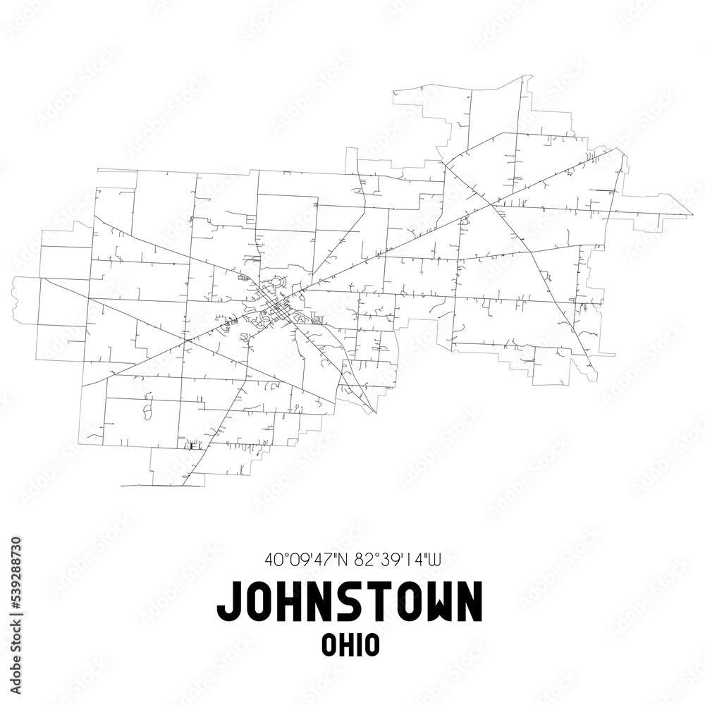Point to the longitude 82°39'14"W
click(398, 560)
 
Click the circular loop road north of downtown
click(276, 285)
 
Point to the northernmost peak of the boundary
click(530, 76)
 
